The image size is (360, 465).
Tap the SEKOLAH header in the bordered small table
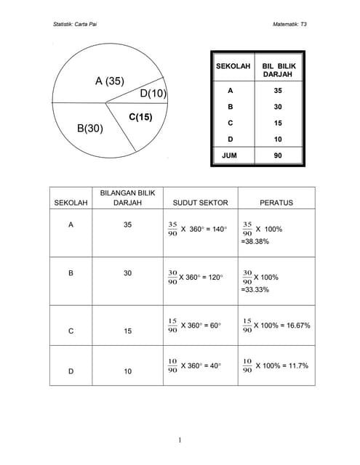click(233, 66)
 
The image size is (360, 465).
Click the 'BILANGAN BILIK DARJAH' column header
click(128, 198)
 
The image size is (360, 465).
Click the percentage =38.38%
click(255, 240)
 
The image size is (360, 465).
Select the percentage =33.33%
click(255, 289)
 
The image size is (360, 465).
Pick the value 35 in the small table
click(278, 92)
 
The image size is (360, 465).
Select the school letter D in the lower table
click(71, 371)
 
